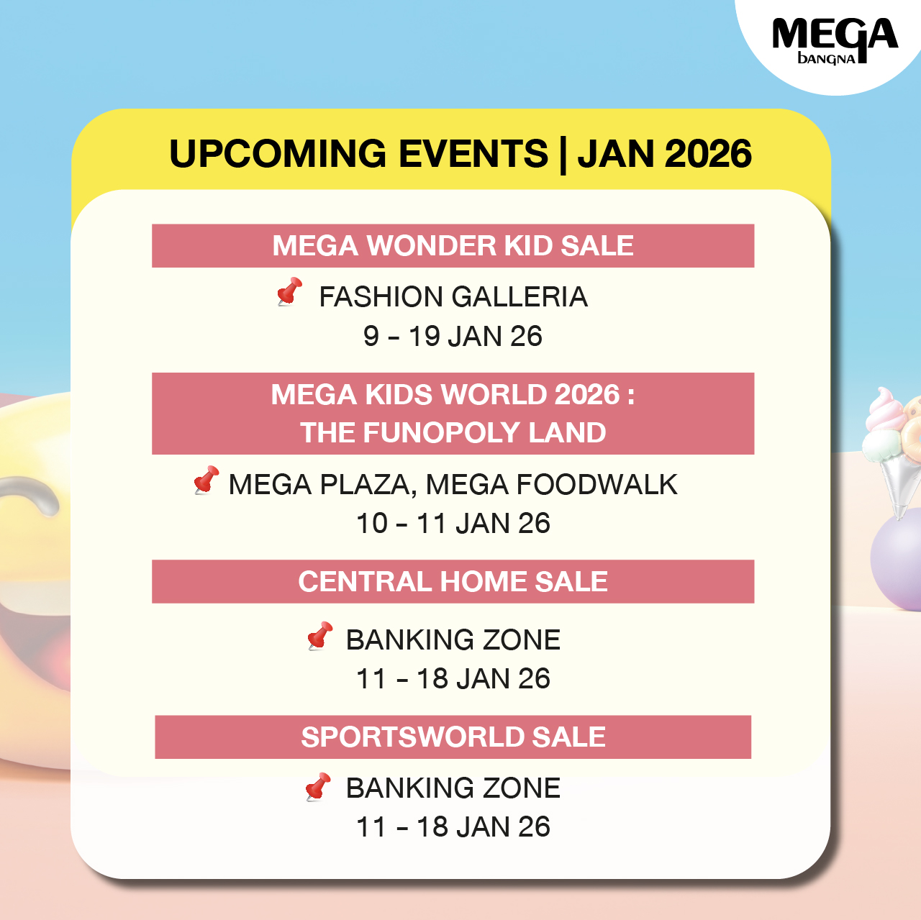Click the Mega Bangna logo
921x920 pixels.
[x=835, y=40]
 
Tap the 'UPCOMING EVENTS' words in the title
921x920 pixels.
[x=358, y=154]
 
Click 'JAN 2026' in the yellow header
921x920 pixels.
[x=664, y=154]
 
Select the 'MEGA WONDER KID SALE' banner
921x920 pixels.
[x=453, y=246]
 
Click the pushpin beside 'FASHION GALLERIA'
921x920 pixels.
[x=290, y=291]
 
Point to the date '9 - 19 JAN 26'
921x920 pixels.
[x=453, y=336]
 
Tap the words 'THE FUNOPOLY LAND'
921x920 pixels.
[x=453, y=432]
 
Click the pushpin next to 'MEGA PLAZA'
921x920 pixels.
[x=206, y=480]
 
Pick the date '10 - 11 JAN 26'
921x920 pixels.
[x=453, y=524]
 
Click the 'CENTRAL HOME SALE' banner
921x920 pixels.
[x=453, y=582]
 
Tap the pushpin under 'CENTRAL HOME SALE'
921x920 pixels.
[x=319, y=636]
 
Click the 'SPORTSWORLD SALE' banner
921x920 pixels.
[x=453, y=737]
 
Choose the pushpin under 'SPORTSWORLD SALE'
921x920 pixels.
[x=318, y=787]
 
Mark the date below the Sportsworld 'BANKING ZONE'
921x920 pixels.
[x=453, y=826]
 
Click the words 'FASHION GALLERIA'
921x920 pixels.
[x=453, y=297]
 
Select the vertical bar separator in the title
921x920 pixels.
[x=563, y=155]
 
